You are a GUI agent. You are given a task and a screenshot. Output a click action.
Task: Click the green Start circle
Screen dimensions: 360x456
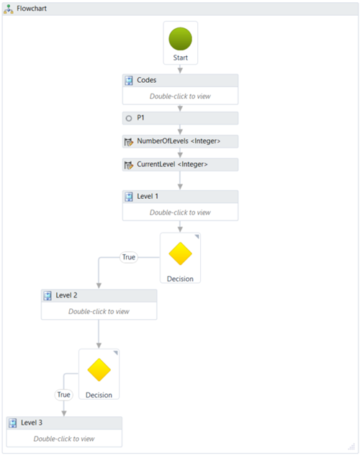tap(180, 39)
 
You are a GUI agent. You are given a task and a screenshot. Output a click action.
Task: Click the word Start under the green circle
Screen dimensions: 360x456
tap(181, 58)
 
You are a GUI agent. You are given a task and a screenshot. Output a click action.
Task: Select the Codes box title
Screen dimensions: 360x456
tap(146, 80)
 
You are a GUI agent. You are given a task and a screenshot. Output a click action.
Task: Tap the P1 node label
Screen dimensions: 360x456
tap(140, 117)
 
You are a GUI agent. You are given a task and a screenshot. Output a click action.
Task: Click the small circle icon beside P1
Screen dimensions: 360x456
tap(129, 118)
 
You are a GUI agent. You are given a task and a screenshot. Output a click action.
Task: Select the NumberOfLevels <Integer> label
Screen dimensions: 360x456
tap(179, 141)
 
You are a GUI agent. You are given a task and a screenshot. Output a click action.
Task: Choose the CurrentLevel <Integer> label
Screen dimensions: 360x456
tap(172, 164)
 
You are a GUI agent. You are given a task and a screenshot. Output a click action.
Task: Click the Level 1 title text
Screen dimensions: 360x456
tap(148, 196)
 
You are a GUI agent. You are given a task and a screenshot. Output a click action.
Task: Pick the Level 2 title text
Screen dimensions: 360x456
tap(66, 295)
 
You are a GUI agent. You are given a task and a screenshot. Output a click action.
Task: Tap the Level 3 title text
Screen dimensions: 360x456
tap(32, 423)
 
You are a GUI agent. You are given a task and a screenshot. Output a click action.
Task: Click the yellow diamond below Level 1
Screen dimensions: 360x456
tap(180, 254)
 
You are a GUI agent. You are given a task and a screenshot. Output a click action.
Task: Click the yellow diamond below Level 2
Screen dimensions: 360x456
tap(99, 370)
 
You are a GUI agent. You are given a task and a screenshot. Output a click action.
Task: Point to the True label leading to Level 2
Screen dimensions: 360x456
tap(129, 257)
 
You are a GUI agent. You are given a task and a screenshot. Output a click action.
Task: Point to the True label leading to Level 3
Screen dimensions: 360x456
tap(63, 395)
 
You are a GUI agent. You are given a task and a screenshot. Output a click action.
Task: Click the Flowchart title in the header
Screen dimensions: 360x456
tap(32, 9)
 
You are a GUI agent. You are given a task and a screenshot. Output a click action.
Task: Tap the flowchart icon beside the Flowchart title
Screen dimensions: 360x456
tap(9, 9)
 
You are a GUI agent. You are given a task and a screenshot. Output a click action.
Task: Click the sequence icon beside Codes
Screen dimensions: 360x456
tap(129, 80)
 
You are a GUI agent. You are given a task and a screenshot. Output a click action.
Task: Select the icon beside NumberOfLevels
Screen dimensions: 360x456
tap(129, 142)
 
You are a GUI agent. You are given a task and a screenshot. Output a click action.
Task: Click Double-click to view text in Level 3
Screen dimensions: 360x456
tap(64, 439)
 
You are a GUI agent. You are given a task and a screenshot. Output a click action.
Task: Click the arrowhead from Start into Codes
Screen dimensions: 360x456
tap(180, 71)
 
